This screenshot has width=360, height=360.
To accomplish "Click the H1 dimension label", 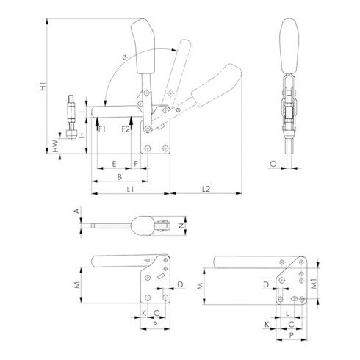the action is pyautogui.click(x=43, y=87).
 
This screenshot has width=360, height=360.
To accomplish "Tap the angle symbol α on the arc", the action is pyautogui.click(x=125, y=57).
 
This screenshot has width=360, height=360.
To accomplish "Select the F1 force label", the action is pyautogui.click(x=102, y=129).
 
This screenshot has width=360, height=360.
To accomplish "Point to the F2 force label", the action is pyautogui.click(x=126, y=129).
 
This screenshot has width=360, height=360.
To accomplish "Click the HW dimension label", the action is pyautogui.click(x=57, y=146).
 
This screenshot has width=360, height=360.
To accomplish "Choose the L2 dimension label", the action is pyautogui.click(x=206, y=189).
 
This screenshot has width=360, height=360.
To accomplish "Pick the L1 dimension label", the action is pyautogui.click(x=130, y=189).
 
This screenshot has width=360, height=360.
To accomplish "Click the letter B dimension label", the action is pyautogui.click(x=120, y=176).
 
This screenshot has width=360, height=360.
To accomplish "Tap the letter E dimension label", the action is pyautogui.click(x=114, y=164).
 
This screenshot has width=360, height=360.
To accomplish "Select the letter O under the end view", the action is pyautogui.click(x=273, y=164).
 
